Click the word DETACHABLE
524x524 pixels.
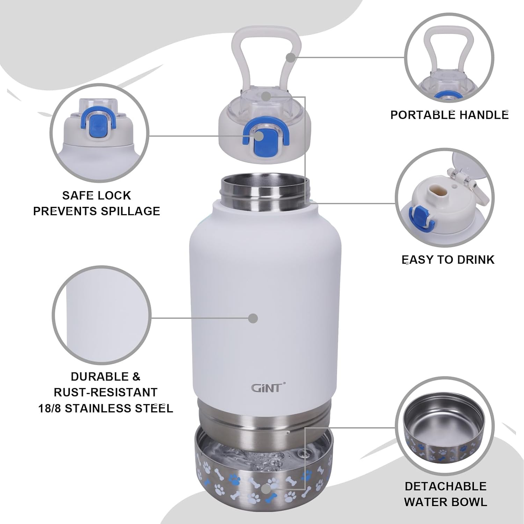click(445, 486)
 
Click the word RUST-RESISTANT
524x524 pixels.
click(105, 392)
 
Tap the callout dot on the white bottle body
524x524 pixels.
click(253, 318)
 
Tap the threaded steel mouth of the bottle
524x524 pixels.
click(265, 193)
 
